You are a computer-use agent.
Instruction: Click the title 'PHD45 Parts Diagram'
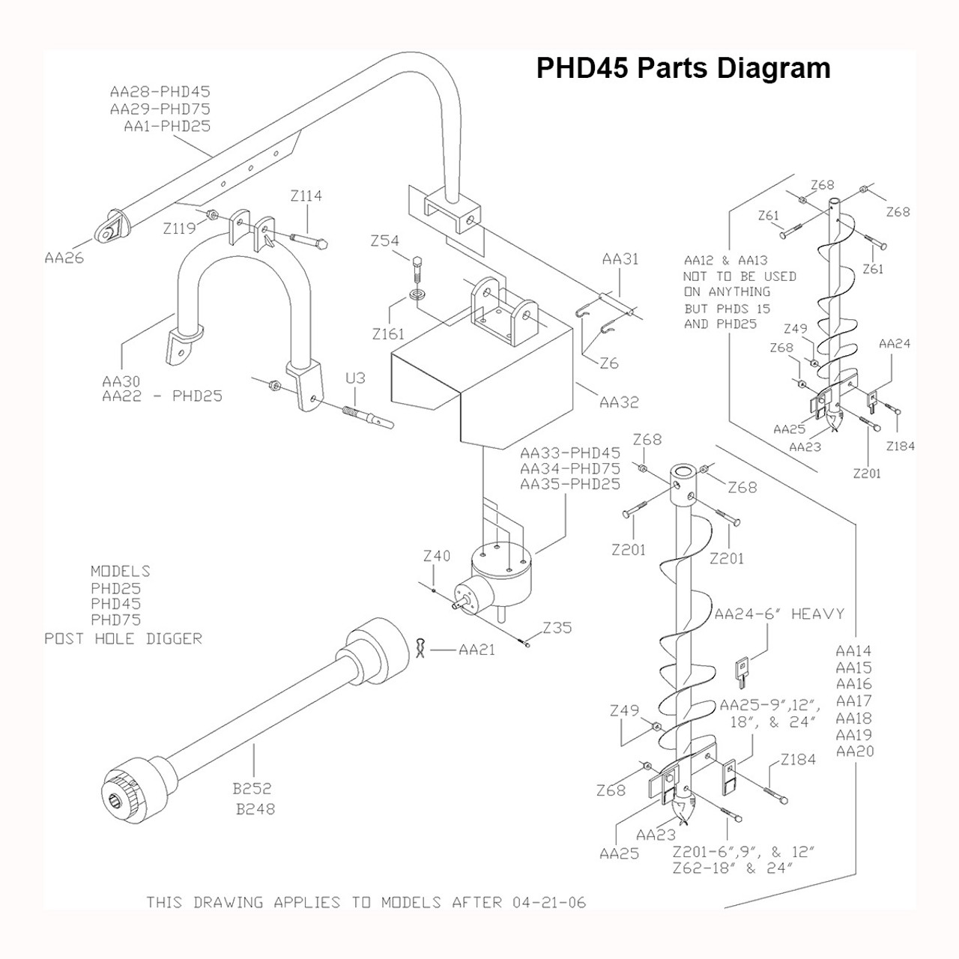[x=683, y=68]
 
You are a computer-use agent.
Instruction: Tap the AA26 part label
[x=64, y=258]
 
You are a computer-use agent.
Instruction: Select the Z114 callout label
[x=306, y=196]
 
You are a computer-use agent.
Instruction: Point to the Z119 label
[x=179, y=229]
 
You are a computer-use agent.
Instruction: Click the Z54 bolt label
[x=384, y=240]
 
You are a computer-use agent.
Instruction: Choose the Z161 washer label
[x=388, y=334]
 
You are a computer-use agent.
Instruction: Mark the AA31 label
[x=620, y=259]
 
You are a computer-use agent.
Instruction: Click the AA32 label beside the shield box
[x=619, y=402]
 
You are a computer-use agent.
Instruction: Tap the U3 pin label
[x=355, y=378]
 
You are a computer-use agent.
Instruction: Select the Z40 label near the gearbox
[x=437, y=556]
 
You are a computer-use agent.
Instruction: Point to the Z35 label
[x=557, y=628]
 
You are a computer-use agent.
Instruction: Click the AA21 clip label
[x=477, y=650]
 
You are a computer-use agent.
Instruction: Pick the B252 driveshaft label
[x=252, y=788]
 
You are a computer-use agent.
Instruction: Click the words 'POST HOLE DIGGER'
[x=124, y=638]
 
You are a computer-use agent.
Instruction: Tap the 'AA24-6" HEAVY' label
[x=778, y=614]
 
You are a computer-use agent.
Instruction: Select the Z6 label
[x=609, y=363]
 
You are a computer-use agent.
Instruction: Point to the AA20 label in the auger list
[x=855, y=751]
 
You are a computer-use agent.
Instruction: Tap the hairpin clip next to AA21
[x=421, y=647]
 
